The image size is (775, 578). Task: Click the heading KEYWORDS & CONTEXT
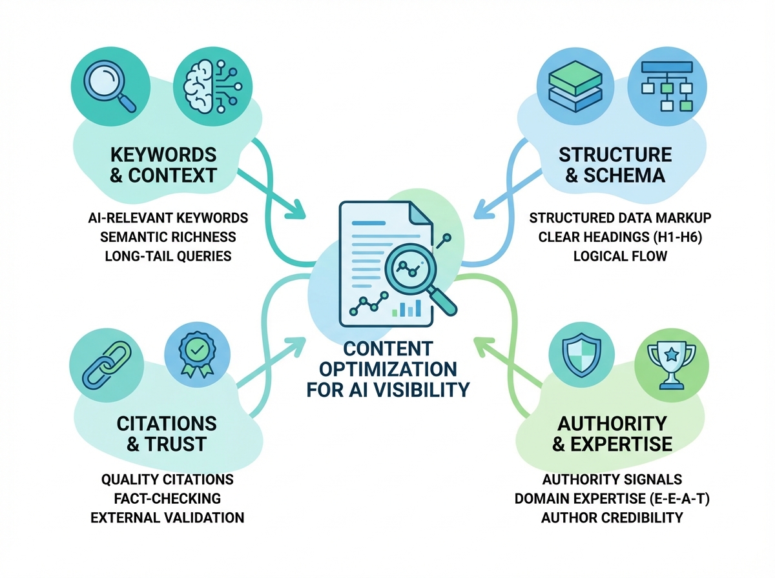(163, 164)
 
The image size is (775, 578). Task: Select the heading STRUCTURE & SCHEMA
(615, 164)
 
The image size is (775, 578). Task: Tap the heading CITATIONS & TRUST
(167, 433)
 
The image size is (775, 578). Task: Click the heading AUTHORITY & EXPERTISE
(612, 433)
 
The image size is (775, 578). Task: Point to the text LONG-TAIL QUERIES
(168, 256)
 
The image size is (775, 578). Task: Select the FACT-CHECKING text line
(168, 499)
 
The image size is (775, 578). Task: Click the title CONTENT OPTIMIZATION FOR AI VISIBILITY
(387, 370)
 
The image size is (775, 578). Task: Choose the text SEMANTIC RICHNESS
(168, 237)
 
